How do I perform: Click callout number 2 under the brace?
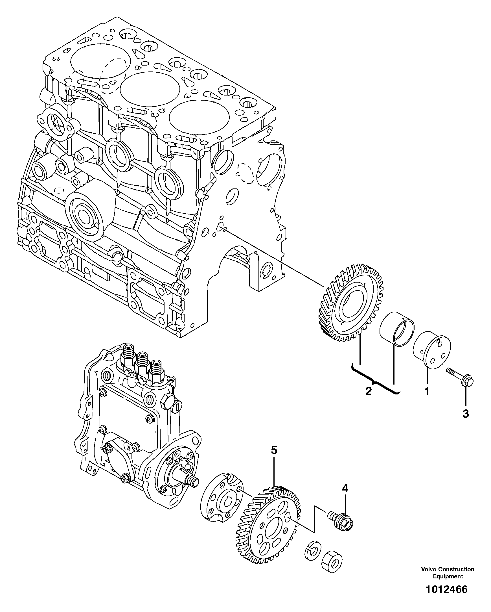[368, 391]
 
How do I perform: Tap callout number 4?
[345, 488]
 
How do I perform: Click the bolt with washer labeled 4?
[341, 521]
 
